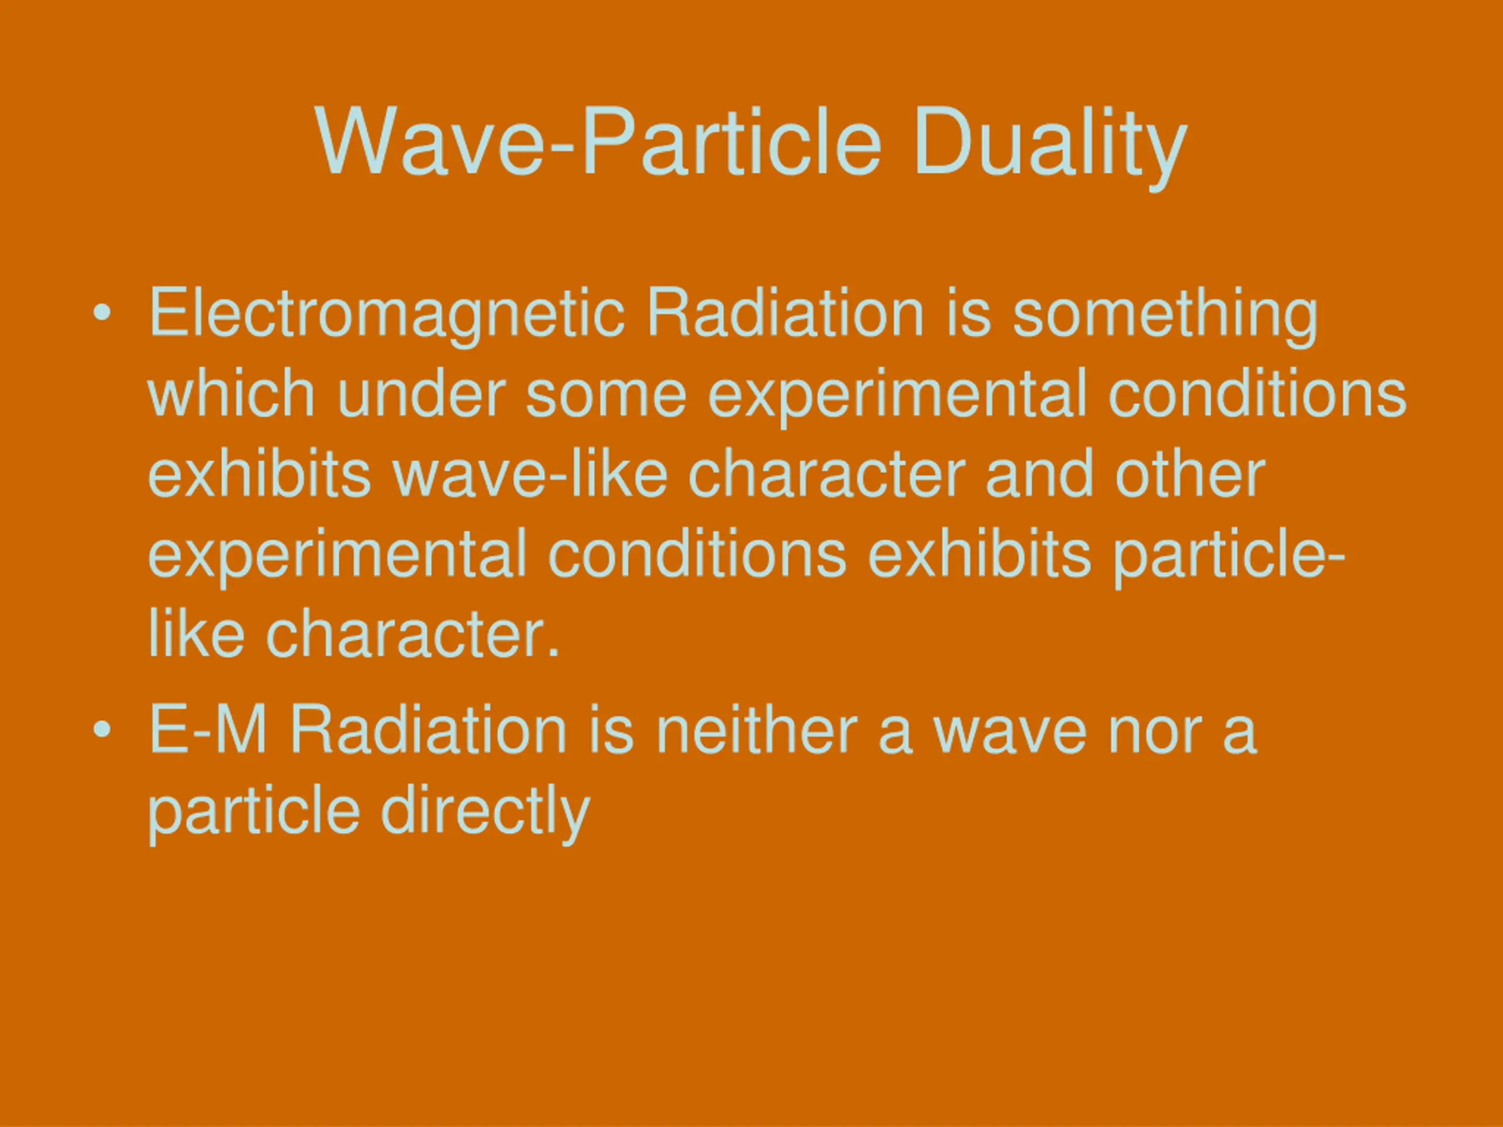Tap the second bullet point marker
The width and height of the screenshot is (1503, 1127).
tap(102, 730)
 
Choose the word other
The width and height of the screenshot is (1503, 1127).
tap(1189, 472)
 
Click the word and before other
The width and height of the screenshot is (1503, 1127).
tap(1038, 472)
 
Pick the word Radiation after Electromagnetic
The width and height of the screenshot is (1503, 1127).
tap(786, 312)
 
